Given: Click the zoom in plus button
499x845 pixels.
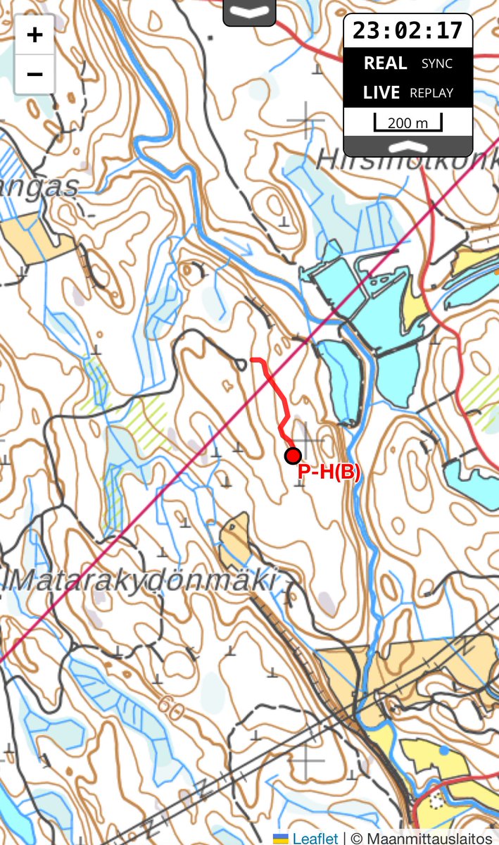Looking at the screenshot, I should point(34,35).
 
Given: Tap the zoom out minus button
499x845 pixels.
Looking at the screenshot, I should point(34,74).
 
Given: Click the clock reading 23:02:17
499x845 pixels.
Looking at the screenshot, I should point(408,30).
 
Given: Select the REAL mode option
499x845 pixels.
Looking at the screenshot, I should point(385,63).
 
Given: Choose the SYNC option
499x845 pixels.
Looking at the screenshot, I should point(436,63).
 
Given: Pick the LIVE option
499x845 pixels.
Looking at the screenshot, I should point(381,93).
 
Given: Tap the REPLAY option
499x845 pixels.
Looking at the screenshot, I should point(431,93).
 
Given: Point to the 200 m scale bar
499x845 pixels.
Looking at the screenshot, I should point(408,122).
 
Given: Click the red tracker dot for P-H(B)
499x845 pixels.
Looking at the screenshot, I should point(293,456).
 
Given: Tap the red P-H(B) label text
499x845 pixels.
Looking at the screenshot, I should point(329,472).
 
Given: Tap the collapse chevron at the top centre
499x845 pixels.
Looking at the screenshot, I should point(249,12).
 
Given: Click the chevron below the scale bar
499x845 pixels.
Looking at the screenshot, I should point(408,146).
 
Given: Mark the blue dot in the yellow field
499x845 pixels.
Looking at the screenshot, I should point(443,751).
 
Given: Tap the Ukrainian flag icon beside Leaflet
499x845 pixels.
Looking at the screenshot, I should point(281,838).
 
